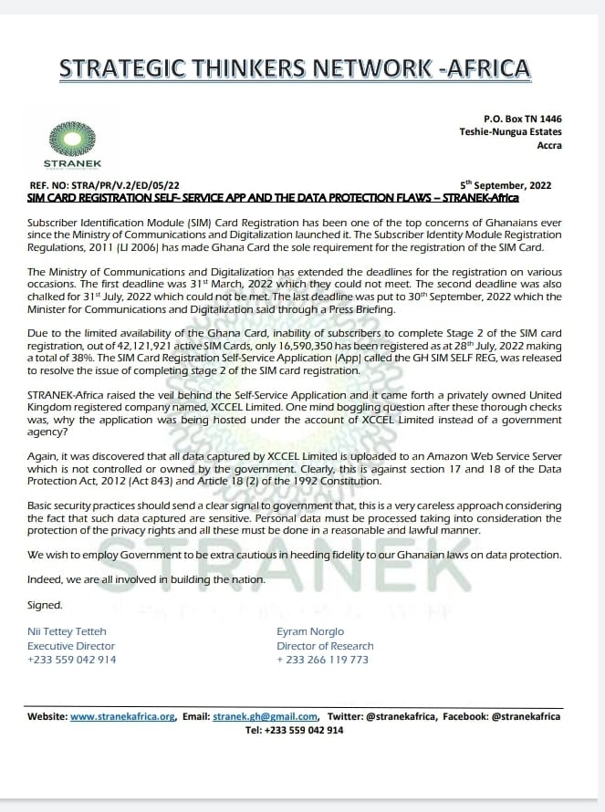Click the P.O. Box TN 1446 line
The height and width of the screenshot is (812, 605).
(x=523, y=119)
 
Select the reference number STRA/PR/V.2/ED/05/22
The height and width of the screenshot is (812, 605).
(x=130, y=185)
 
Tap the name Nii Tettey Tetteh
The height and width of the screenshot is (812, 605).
(x=68, y=631)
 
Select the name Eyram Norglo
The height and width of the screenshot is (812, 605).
(x=311, y=631)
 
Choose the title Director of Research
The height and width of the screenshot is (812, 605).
(x=325, y=645)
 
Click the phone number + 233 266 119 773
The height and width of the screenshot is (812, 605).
(x=322, y=659)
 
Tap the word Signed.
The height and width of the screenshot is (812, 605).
(x=45, y=604)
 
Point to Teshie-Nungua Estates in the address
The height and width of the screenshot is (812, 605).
(x=510, y=132)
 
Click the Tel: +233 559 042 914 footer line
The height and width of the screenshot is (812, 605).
(x=294, y=730)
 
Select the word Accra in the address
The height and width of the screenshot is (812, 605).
(x=548, y=145)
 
